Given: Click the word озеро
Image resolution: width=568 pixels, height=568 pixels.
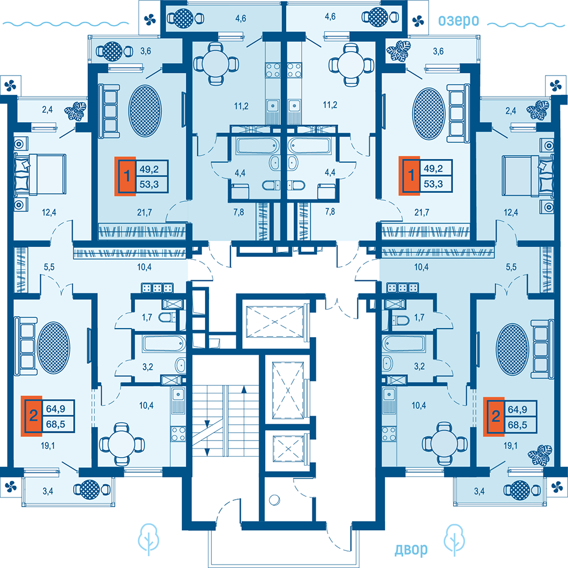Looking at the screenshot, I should point(458,21).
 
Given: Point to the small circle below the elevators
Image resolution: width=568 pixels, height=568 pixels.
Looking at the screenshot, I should point(275,500).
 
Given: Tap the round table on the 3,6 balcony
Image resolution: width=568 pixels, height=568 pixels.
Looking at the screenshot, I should point(111,51).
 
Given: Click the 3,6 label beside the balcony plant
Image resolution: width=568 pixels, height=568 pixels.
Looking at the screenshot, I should point(438,52).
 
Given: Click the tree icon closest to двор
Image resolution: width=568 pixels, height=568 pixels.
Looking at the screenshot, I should point(456,540).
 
